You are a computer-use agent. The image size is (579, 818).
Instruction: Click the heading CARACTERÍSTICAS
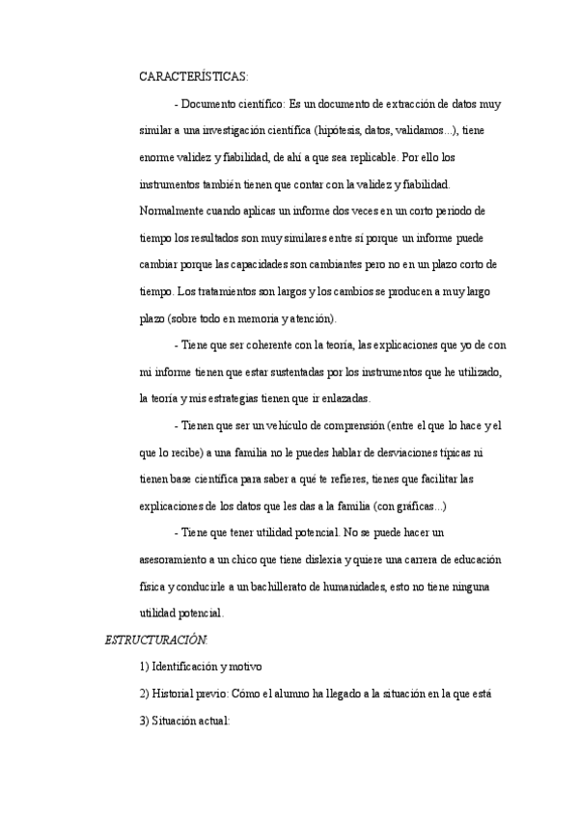(x=193, y=76)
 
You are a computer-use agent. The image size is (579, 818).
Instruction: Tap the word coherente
(x=275, y=344)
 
